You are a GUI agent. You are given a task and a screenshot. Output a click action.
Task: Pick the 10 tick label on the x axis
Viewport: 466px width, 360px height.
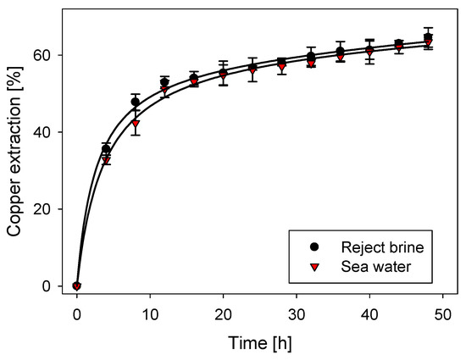click(x=150, y=313)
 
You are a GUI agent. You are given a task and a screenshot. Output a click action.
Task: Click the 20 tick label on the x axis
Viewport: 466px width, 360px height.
click(x=223, y=313)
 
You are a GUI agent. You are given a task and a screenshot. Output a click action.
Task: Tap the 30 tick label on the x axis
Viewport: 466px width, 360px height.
click(x=296, y=313)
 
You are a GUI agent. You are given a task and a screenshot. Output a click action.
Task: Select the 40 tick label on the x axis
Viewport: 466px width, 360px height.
click(x=369, y=313)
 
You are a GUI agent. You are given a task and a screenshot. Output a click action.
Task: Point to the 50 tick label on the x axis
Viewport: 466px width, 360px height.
click(x=441, y=313)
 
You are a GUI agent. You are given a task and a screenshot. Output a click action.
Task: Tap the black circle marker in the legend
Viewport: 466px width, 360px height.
click(x=315, y=246)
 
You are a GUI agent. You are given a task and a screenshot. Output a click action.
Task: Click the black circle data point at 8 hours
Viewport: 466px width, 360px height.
click(x=136, y=102)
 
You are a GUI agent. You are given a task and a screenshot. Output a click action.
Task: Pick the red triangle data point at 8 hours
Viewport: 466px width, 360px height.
click(x=136, y=124)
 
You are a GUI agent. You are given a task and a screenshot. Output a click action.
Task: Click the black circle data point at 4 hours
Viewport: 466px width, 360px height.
click(x=106, y=149)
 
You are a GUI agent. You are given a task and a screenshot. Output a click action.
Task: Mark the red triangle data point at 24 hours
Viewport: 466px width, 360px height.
click(x=252, y=70)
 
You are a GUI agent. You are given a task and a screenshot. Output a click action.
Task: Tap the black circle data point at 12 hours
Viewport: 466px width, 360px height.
click(x=164, y=82)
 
